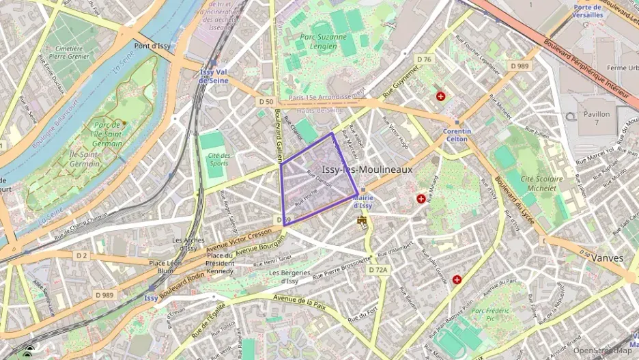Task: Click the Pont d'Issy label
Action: (152, 46)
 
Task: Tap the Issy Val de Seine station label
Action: (213, 76)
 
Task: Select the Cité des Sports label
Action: (219, 160)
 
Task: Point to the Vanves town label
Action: (607, 258)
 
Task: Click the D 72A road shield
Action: (378, 270)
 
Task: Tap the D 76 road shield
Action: (424, 59)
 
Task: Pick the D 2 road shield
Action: (82, 255)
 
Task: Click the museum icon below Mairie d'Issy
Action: (363, 221)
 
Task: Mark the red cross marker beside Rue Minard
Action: (421, 199)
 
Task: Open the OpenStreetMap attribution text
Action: (602, 350)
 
